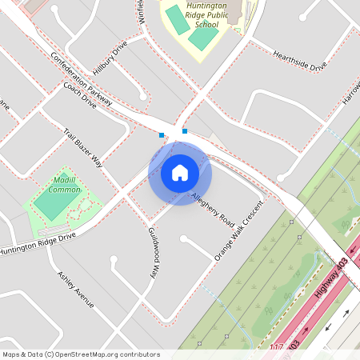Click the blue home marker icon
click(x=180, y=173)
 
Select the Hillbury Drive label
click(x=110, y=58)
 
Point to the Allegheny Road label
click(x=212, y=207)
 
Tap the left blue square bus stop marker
click(x=162, y=134)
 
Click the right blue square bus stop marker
click(x=185, y=130)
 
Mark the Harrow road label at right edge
click(x=352, y=95)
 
